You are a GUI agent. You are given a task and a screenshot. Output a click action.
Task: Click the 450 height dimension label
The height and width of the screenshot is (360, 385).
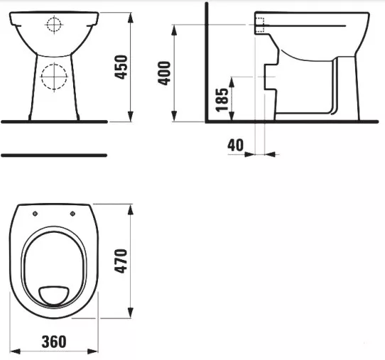point(121,67)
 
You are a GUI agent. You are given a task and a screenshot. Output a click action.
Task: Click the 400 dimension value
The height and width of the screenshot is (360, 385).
point(164,73)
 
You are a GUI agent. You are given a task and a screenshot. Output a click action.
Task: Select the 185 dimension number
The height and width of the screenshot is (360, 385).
point(222,99)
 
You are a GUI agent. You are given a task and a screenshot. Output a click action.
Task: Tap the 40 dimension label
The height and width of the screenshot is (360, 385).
point(236,145)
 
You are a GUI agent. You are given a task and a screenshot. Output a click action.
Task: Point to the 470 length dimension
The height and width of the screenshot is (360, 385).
point(121,261)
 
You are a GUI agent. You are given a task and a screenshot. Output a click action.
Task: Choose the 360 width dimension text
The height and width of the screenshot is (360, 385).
point(54,342)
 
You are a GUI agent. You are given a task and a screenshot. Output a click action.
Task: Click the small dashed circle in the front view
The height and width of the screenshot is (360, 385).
point(54,25)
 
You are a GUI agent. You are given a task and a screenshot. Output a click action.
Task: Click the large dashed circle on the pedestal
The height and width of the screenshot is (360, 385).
point(54,76)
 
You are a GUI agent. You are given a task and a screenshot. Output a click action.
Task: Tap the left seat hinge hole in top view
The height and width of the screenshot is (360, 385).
point(35,214)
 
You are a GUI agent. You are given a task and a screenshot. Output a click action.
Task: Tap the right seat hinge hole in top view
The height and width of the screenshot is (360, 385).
point(72,214)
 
